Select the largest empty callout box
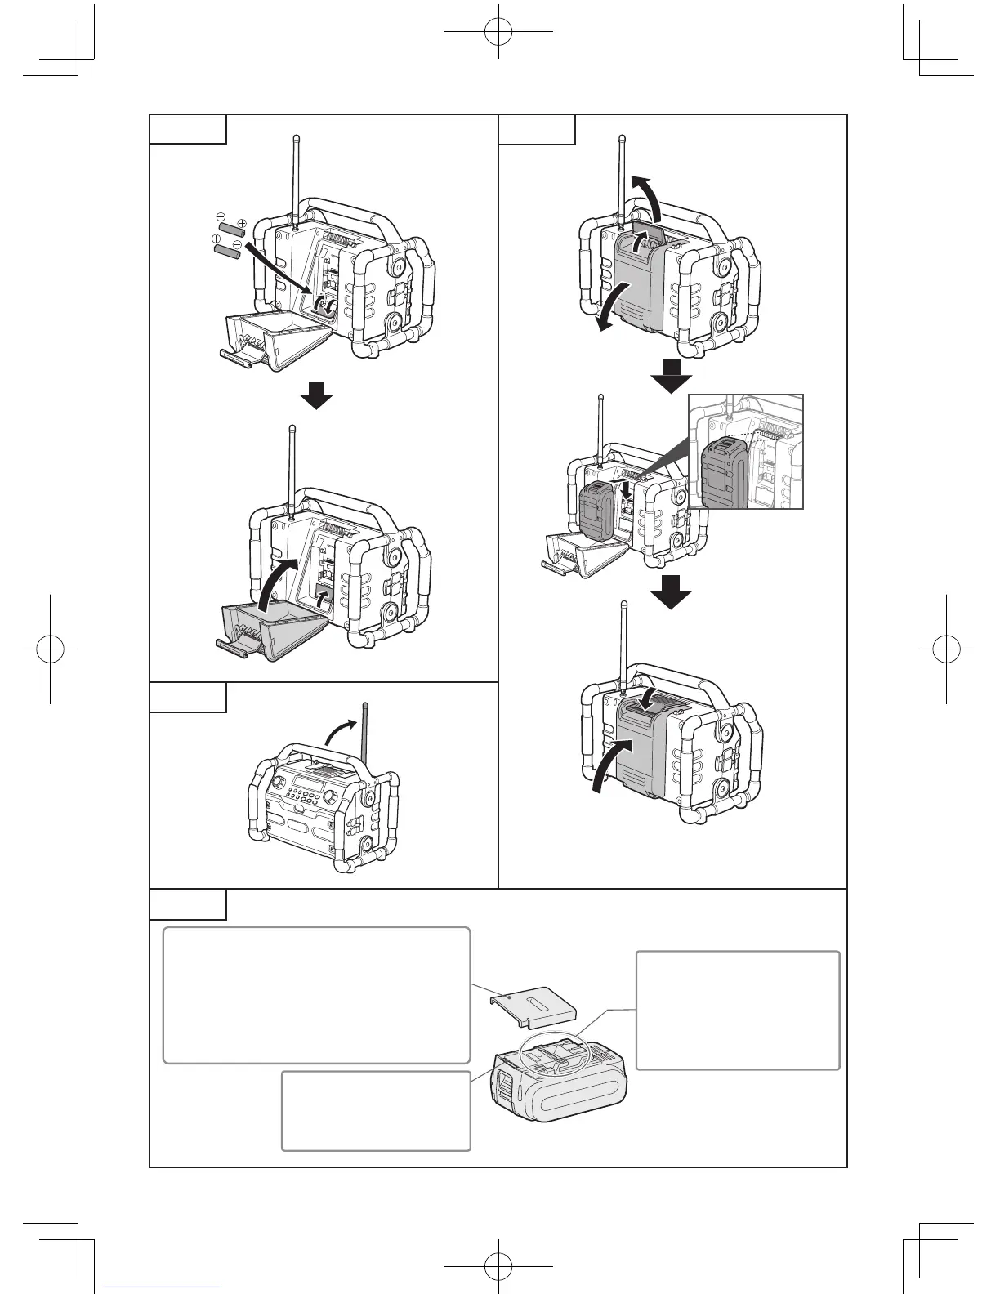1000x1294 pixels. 317,994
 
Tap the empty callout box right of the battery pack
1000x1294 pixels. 738,1010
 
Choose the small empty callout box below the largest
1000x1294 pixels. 376,1110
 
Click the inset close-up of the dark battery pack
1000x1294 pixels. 746,451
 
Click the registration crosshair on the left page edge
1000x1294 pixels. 50,648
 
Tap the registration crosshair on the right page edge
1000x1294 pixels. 946,648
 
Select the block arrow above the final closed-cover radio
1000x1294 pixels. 671,591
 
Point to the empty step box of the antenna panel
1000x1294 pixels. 188,697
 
